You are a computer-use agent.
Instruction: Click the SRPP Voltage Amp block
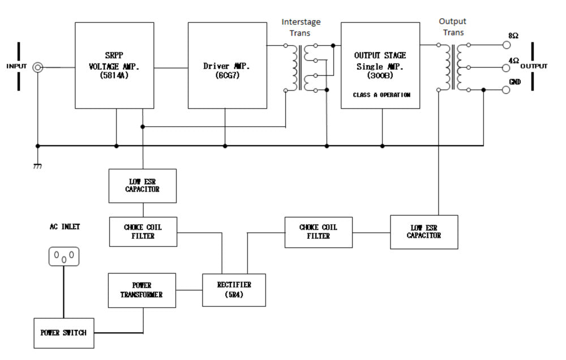(x=114, y=65)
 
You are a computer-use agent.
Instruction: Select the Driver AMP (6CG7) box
(x=227, y=65)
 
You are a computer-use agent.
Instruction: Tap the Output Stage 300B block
(x=380, y=65)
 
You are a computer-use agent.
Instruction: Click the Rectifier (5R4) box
(x=234, y=290)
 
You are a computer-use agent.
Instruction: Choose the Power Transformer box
(x=142, y=290)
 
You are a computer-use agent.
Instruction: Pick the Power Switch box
(x=63, y=332)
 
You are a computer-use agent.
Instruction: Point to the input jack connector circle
(x=38, y=67)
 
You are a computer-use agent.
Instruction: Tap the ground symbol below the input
(x=38, y=166)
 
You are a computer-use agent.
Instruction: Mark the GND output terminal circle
(x=505, y=89)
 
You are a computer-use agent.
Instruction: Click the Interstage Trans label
(x=301, y=27)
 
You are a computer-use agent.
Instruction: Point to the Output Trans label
(x=453, y=27)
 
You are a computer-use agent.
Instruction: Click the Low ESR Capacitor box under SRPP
(x=142, y=186)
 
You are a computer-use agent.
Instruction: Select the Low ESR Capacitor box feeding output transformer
(x=424, y=232)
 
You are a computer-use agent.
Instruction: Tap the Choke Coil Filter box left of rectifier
(x=142, y=232)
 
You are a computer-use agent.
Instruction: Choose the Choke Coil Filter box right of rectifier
(x=318, y=232)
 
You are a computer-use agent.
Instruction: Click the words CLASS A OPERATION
(x=381, y=95)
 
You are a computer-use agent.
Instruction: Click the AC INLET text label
(x=65, y=226)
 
